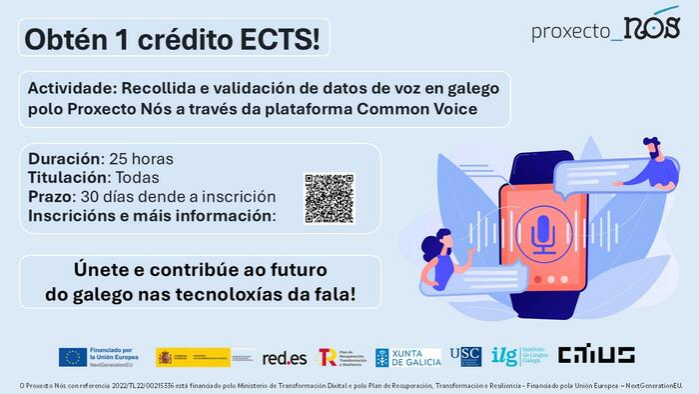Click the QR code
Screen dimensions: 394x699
[329, 198]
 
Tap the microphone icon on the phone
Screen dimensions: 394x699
[542, 232]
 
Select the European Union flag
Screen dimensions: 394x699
[71, 357]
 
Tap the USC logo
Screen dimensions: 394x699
[465, 355]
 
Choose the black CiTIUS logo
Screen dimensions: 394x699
[595, 355]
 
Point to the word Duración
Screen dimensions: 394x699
[65, 159]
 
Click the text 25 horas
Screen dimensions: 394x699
[140, 159]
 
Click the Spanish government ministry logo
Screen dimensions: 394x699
[206, 357]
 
